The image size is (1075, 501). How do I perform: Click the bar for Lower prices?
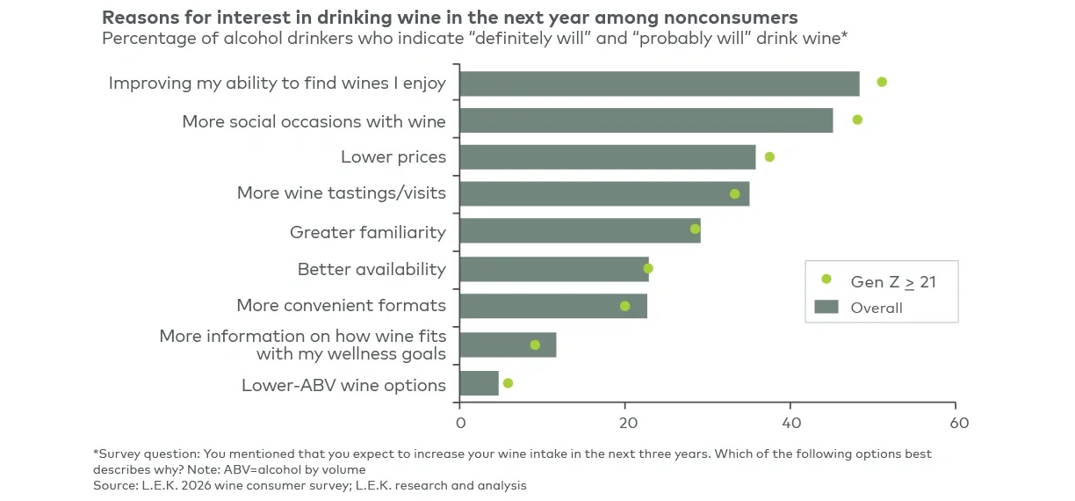[x=607, y=157]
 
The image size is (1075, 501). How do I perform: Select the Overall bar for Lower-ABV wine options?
[x=479, y=383]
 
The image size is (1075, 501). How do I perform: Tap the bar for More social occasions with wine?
[x=646, y=120]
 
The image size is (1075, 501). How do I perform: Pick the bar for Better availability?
[x=553, y=269]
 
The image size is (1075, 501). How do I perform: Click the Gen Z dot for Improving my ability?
[x=882, y=82]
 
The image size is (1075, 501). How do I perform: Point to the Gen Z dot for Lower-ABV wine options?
[x=508, y=383]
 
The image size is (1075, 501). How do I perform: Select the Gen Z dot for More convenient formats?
[x=624, y=306]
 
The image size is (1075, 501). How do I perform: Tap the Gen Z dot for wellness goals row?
[x=535, y=345]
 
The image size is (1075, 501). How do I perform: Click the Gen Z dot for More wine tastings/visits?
[x=735, y=193]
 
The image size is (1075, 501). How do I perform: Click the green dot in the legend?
[x=826, y=280]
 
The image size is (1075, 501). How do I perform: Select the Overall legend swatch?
[x=826, y=307]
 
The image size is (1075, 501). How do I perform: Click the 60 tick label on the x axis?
[x=959, y=423]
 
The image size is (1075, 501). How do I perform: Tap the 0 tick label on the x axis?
[x=460, y=423]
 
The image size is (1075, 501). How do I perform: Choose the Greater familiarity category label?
[x=367, y=232]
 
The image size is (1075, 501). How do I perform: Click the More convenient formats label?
[x=341, y=306]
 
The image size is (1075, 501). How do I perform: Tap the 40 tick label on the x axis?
[x=790, y=423]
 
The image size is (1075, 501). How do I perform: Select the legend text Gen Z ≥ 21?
[x=892, y=281]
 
